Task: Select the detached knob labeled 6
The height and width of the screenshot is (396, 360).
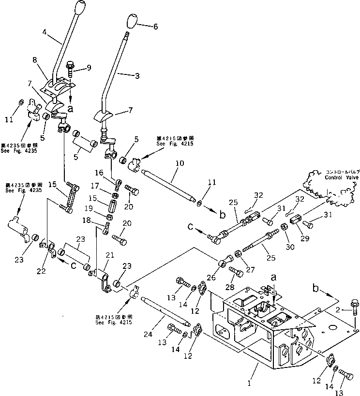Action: point(131,22)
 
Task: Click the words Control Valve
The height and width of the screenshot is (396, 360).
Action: point(339,177)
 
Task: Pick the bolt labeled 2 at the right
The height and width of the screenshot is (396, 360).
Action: point(354,307)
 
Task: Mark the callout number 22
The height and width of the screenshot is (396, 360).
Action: point(43,271)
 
